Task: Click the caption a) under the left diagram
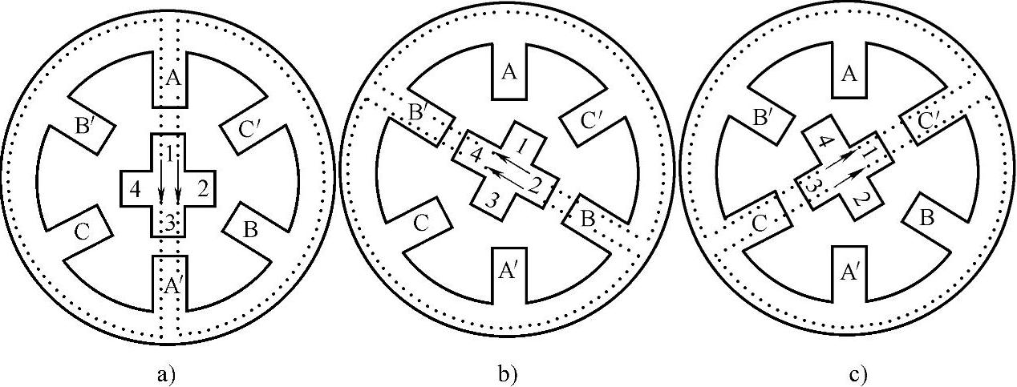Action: [x=168, y=373]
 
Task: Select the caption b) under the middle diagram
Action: [x=508, y=373]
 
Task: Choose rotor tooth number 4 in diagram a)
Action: [x=134, y=190]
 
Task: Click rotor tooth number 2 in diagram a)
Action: [x=202, y=190]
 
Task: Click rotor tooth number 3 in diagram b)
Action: [x=492, y=200]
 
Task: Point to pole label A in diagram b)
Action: [x=508, y=73]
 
